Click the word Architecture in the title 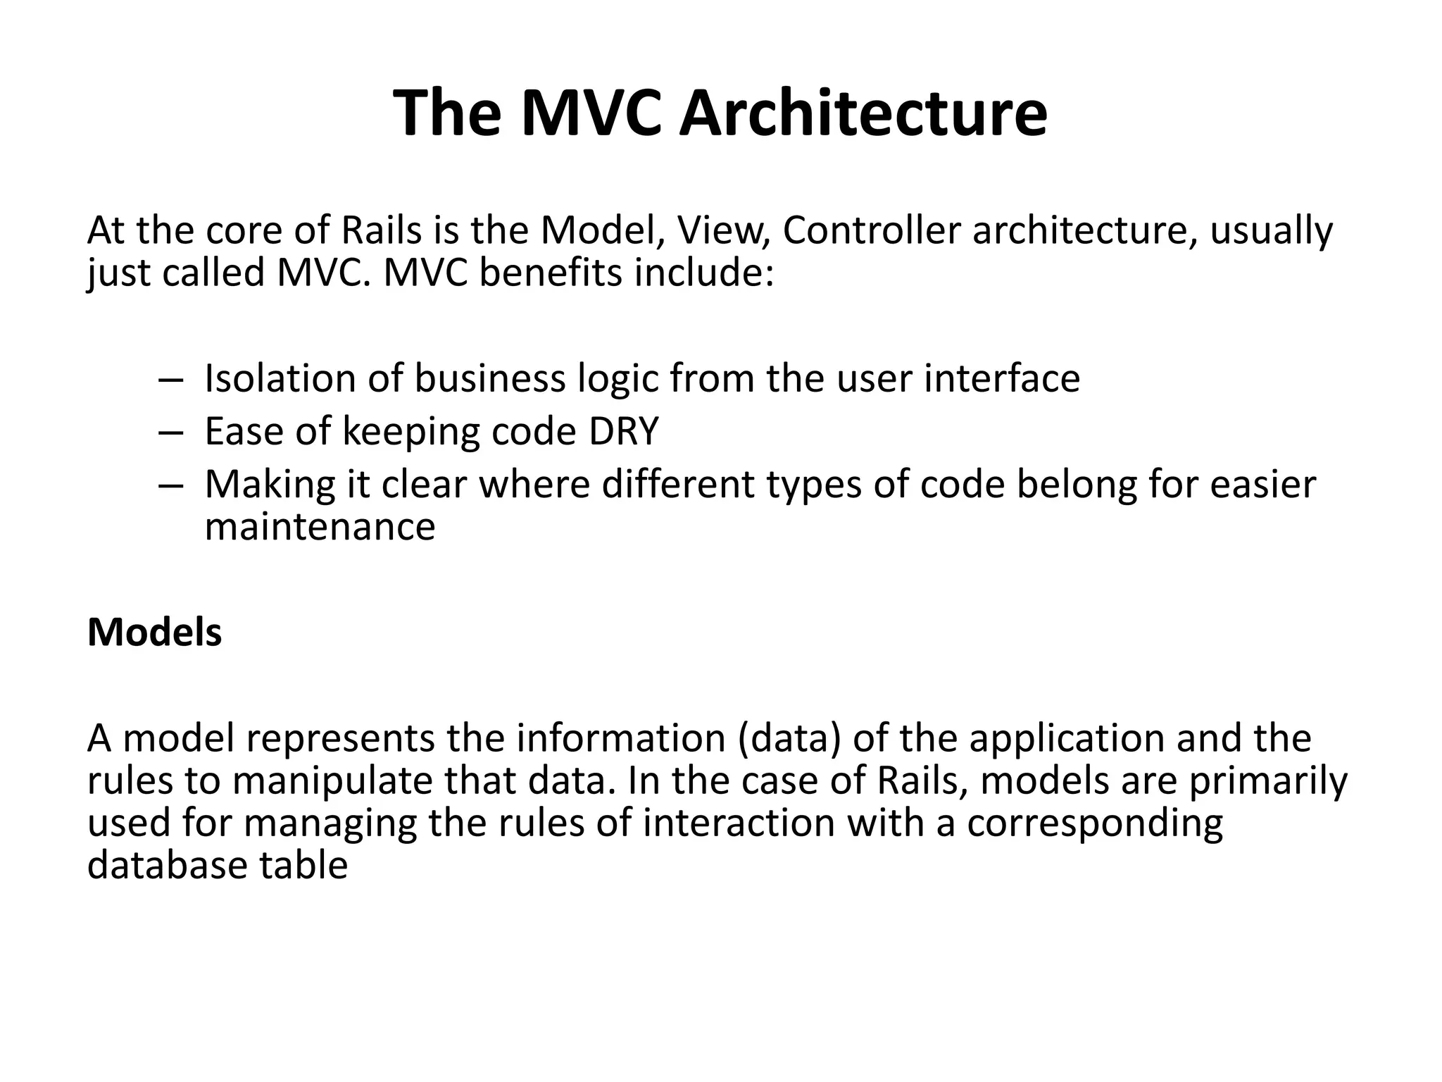863,114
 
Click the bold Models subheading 154,632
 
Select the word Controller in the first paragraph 871,230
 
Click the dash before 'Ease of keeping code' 170,433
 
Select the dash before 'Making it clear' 170,485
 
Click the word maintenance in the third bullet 320,526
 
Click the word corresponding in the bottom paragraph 1094,823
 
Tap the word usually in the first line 1271,230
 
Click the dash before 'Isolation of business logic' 170,380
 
